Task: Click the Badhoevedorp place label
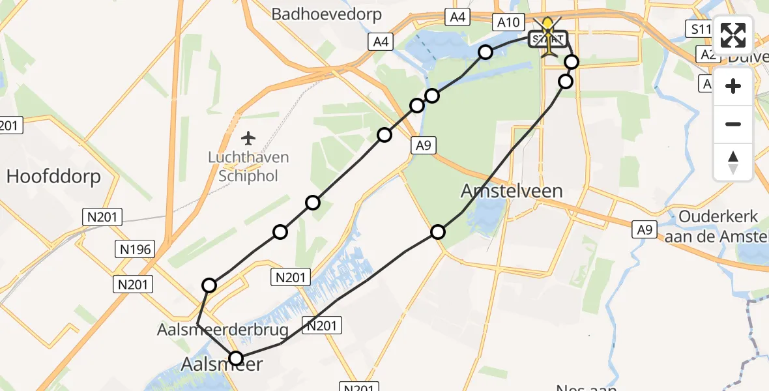tap(326, 14)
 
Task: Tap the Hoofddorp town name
tap(53, 176)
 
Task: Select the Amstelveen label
tap(512, 191)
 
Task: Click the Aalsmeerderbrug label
tap(222, 330)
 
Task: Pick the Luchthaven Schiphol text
tap(248, 167)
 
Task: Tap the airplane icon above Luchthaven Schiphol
tap(248, 138)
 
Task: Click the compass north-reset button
tap(733, 162)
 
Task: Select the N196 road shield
tap(132, 248)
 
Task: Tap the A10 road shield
tap(508, 23)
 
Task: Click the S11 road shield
tap(700, 29)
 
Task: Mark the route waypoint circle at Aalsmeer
tap(236, 358)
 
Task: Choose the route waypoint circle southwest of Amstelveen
tap(438, 231)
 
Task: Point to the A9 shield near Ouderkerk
tap(645, 229)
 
